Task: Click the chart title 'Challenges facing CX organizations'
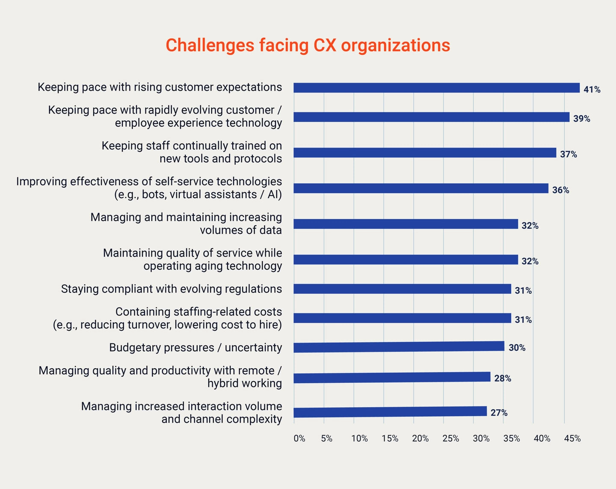click(308, 45)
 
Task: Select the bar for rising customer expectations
click(436, 88)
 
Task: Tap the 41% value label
click(592, 89)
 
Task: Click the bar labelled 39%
click(431, 117)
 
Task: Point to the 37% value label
click(568, 154)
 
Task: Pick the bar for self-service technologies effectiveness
click(421, 188)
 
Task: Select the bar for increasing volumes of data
click(406, 224)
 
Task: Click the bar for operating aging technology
click(406, 260)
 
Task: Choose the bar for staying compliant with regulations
click(402, 289)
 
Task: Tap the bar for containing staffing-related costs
click(402, 318)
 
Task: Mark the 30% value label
click(517, 348)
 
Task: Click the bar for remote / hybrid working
click(392, 378)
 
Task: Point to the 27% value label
click(499, 413)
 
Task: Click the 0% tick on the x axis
click(299, 438)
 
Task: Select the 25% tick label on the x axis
click(450, 438)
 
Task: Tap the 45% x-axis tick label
click(572, 438)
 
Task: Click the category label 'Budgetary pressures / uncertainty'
click(195, 347)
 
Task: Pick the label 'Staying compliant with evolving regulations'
click(171, 289)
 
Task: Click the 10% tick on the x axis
click(359, 438)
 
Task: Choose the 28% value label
click(502, 379)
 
